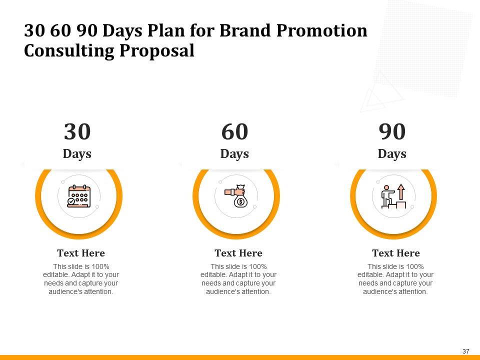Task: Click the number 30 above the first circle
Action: click(77, 132)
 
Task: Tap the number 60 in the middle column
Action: click(234, 132)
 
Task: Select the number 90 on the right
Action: click(392, 132)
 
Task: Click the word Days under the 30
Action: click(77, 153)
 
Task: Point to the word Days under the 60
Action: click(234, 153)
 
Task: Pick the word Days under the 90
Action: click(392, 153)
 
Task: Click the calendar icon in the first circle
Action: click(78, 196)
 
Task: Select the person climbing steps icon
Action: click(393, 196)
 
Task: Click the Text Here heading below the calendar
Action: click(81, 253)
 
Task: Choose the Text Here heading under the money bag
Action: click(238, 253)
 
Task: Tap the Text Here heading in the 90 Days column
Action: click(396, 253)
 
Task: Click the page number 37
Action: click(466, 351)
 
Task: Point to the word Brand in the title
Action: click(242, 31)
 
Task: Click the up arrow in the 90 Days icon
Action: click(401, 190)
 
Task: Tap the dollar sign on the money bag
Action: click(241, 202)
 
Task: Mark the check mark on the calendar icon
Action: click(71, 201)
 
